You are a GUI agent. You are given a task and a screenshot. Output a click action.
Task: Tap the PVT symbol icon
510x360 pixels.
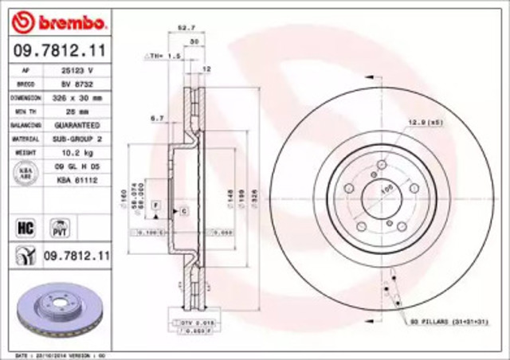point(58,228)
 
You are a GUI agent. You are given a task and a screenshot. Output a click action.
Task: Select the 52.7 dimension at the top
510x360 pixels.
point(186,29)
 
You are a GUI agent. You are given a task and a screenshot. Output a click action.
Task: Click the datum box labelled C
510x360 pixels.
point(183,210)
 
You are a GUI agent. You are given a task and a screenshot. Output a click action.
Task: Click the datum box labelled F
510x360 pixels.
point(157,205)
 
